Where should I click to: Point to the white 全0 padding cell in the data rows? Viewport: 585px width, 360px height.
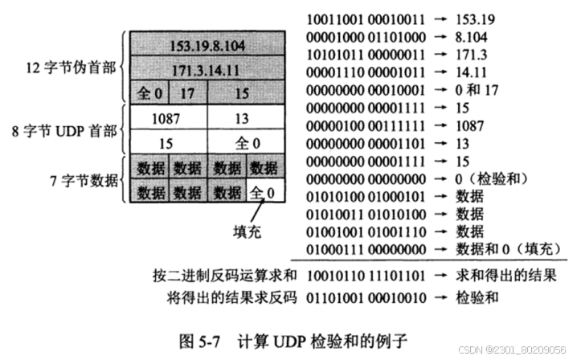pyautogui.click(x=266, y=193)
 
